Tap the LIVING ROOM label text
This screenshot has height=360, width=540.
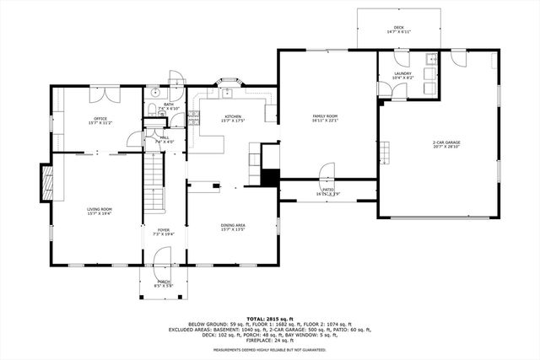pyautogui.click(x=100, y=211)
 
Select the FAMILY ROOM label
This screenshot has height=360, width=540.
pyautogui.click(x=326, y=116)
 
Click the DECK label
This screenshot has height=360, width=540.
pyautogui.click(x=398, y=29)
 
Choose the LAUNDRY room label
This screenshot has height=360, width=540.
pyautogui.click(x=402, y=74)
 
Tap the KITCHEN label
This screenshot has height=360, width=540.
pyautogui.click(x=233, y=117)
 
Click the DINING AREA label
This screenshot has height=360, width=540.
pyautogui.click(x=233, y=226)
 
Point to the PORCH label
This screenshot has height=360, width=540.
pyautogui.click(x=164, y=283)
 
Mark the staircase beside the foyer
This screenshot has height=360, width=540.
pyautogui.click(x=153, y=185)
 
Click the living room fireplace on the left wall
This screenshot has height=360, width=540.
pyautogui.click(x=46, y=182)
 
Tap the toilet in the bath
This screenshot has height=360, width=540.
pyautogui.click(x=149, y=109)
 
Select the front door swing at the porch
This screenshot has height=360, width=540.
pyautogui.click(x=164, y=256)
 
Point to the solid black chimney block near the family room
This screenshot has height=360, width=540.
pyautogui.click(x=270, y=178)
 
